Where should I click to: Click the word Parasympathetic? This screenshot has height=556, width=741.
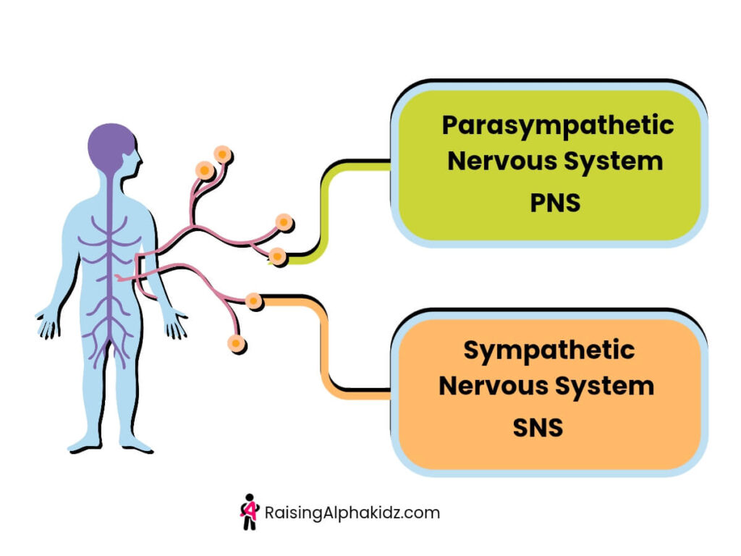pos(558,126)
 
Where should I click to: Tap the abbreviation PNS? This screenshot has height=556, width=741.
pos(555,203)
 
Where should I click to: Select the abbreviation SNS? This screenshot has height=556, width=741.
pos(538,427)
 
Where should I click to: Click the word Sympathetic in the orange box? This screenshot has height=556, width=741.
pos(549,351)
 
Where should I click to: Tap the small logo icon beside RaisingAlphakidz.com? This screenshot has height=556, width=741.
pos(249,512)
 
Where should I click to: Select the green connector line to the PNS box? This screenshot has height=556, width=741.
pos(323,210)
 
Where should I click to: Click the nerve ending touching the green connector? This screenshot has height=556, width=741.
pos(278,256)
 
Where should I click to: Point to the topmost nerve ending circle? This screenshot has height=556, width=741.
pos(223,154)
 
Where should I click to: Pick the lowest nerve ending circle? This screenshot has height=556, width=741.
pos(234,342)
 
